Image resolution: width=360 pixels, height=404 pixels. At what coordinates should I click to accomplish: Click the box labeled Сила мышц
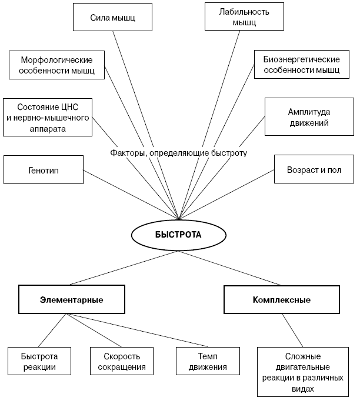pyautogui.click(x=112, y=17)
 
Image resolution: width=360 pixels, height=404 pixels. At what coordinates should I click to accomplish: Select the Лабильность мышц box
pyautogui.click(x=244, y=16)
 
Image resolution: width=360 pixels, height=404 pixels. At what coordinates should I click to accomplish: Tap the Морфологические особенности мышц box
pyautogui.click(x=56, y=65)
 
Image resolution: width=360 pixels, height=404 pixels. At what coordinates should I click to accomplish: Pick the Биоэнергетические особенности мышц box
pyautogui.click(x=302, y=65)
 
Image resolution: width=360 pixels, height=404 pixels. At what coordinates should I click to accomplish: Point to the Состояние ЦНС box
pyautogui.click(x=48, y=117)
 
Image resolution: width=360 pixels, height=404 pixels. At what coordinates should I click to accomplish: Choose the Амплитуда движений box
pyautogui.click(x=309, y=116)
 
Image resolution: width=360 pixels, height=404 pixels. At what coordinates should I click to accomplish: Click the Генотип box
pyautogui.click(x=44, y=169)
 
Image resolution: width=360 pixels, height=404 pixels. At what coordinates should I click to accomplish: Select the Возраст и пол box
pyautogui.click(x=314, y=169)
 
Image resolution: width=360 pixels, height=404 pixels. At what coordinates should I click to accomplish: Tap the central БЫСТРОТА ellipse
pyautogui.click(x=179, y=235)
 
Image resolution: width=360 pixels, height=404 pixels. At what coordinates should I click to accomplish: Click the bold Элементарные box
pyautogui.click(x=72, y=299)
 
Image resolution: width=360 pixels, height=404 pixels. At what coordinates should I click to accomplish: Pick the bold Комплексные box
pyautogui.click(x=282, y=299)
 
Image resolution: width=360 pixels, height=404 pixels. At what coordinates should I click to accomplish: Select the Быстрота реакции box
pyautogui.click(x=39, y=361)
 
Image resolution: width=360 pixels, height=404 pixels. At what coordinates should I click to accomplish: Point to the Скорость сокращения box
pyautogui.click(x=122, y=361)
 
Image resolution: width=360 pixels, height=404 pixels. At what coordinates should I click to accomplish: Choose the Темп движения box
pyautogui.click(x=208, y=361)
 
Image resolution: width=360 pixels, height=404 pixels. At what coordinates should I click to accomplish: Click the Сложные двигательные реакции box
pyautogui.click(x=303, y=372)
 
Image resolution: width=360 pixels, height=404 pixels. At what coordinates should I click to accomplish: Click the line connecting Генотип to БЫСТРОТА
pyautogui.click(x=131, y=195)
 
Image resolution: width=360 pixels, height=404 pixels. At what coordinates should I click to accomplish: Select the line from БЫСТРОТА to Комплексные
pyautogui.click(x=229, y=268)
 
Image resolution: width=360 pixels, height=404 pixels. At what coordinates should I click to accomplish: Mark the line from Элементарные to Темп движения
pyautogui.click(x=137, y=330)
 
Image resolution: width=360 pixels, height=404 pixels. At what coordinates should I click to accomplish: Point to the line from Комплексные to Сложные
pyautogui.click(x=292, y=330)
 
